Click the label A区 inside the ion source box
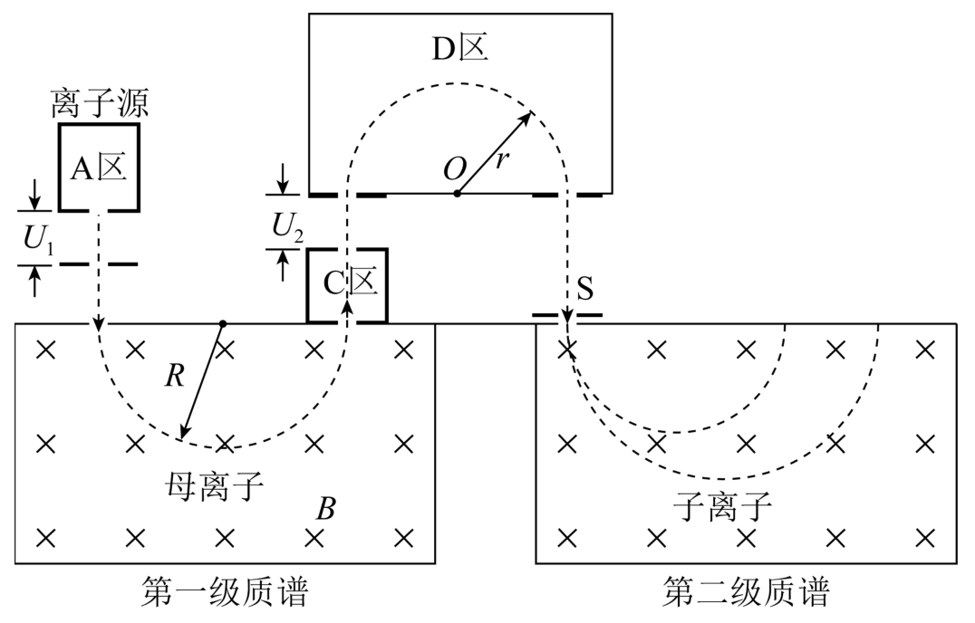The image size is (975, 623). (99, 168)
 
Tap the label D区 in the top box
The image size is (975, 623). (459, 48)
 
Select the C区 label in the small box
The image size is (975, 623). (350, 283)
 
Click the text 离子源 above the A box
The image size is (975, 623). (100, 103)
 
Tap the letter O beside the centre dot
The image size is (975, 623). (455, 168)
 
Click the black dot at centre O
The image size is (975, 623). (457, 193)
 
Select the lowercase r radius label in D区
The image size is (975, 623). (501, 160)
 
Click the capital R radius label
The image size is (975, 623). (175, 375)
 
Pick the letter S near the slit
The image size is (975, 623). (584, 288)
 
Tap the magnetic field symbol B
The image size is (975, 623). (326, 509)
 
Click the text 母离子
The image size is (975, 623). (215, 485)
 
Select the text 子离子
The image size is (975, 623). (722, 506)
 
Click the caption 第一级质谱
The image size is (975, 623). (225, 591)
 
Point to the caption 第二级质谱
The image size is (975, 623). (746, 591)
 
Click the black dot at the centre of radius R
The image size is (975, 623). (223, 323)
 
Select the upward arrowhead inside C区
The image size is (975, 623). (348, 307)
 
